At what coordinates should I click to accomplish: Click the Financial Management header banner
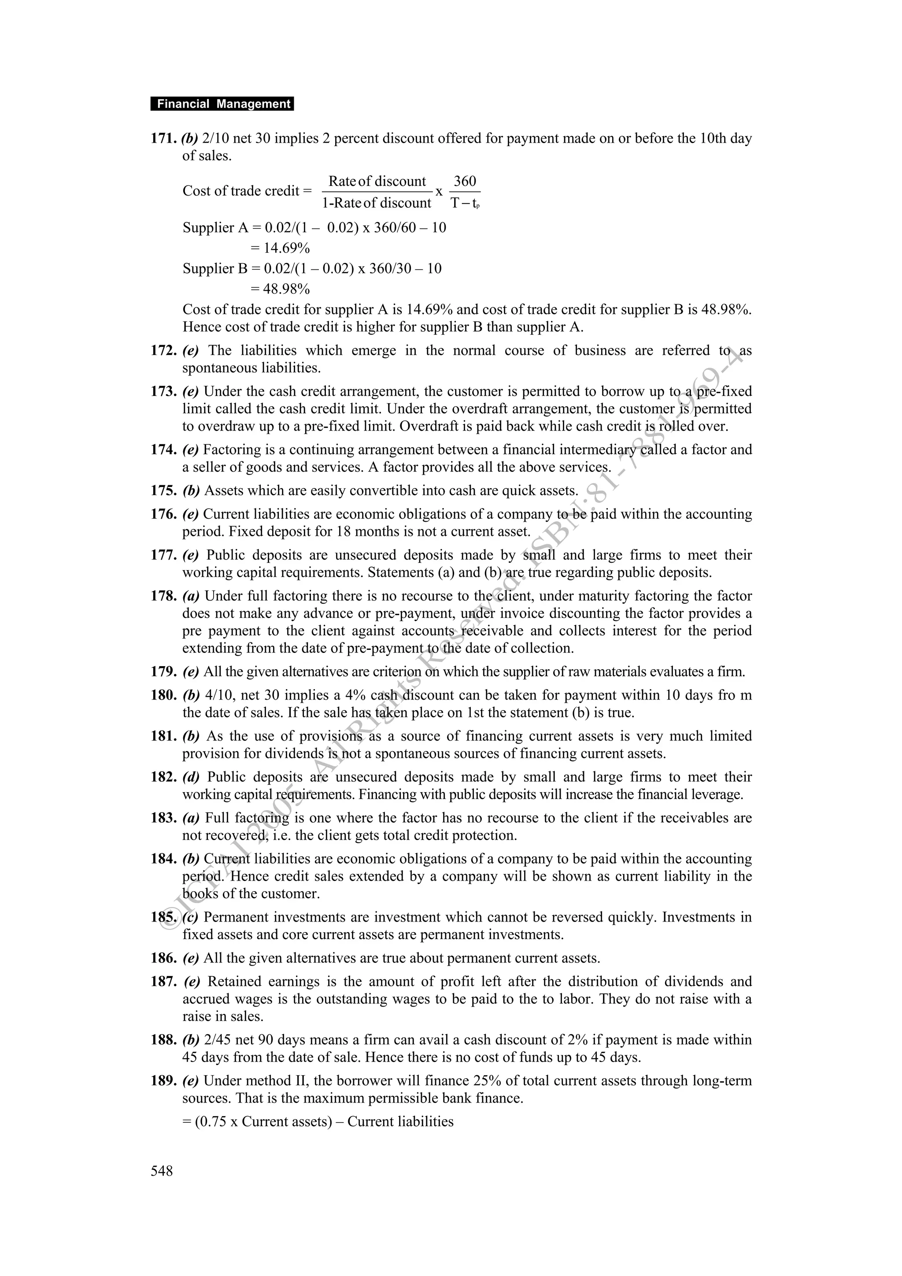[x=222, y=104]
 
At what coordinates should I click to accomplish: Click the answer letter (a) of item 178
[x=191, y=596]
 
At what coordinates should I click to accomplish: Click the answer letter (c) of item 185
[x=190, y=918]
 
